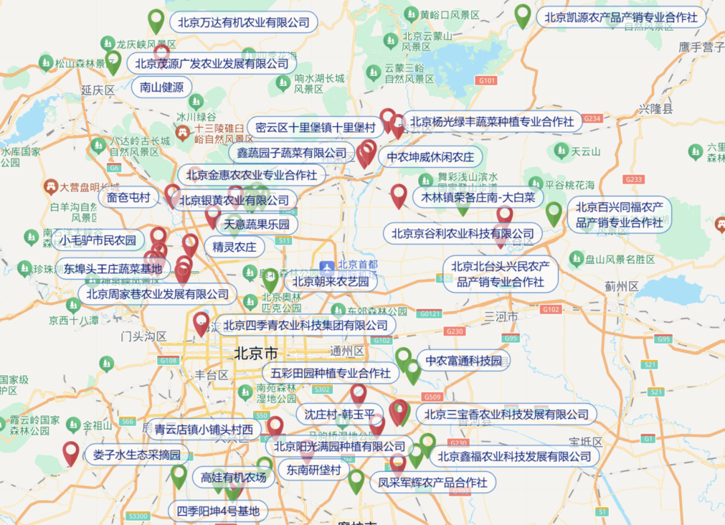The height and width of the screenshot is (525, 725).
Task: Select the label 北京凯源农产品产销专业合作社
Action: pyautogui.click(x=620, y=17)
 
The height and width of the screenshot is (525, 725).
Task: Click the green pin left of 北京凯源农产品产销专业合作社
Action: pyautogui.click(x=522, y=14)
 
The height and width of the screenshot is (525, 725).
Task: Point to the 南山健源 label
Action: pyautogui.click(x=162, y=87)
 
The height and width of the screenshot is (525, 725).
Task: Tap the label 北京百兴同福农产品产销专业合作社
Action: pyautogui.click(x=619, y=214)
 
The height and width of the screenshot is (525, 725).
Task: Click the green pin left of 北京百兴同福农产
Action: pyautogui.click(x=554, y=213)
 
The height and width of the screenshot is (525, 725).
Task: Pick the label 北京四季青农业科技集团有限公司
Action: pyautogui.click(x=305, y=326)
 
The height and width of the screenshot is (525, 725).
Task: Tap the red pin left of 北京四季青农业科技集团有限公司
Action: pyautogui.click(x=201, y=323)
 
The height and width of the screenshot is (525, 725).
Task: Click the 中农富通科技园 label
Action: pyautogui.click(x=463, y=361)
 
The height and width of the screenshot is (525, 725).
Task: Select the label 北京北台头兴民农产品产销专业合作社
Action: pyautogui.click(x=500, y=274)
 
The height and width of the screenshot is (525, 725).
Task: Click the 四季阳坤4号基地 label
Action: pyautogui.click(x=217, y=511)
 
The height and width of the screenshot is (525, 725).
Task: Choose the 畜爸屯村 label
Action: pyautogui.click(x=128, y=197)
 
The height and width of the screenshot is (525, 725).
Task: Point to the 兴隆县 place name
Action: pyautogui.click(x=655, y=109)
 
